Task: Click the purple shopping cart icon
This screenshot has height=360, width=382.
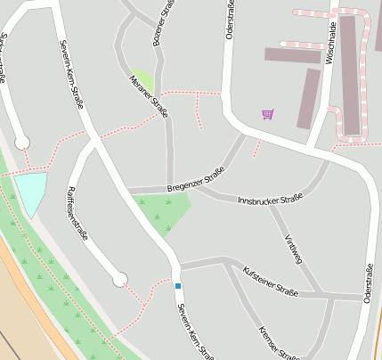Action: [x=267, y=114]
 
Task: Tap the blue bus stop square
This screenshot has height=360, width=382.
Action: [x=178, y=285]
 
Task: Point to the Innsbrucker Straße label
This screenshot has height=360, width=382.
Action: [x=271, y=199]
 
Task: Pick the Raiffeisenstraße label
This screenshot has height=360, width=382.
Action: [x=75, y=215]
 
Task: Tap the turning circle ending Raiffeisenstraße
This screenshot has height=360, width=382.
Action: [x=120, y=280]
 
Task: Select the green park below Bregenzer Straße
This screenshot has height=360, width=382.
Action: [x=165, y=212]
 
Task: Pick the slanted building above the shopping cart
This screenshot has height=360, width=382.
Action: [x=308, y=99]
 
